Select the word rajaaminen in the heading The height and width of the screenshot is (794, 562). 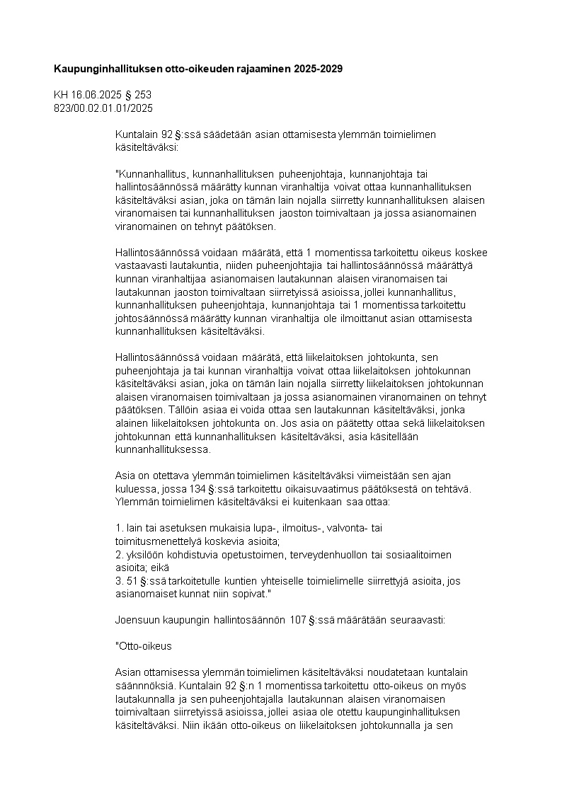coord(260,69)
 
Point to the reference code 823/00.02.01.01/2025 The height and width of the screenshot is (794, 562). coord(103,108)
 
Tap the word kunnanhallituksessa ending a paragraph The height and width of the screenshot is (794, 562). coord(162,449)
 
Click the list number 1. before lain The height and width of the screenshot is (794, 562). coord(119,528)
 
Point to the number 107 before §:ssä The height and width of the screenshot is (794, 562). coord(297,620)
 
